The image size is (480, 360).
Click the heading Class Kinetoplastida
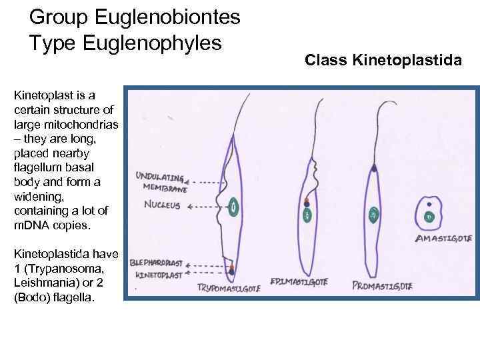click(x=383, y=61)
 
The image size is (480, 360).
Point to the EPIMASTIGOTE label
click(x=298, y=281)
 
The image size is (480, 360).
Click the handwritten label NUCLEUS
click(x=162, y=205)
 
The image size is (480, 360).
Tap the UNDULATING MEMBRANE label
click(x=159, y=181)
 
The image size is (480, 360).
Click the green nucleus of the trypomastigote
click(x=234, y=207)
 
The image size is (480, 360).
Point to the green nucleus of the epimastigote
click(x=307, y=215)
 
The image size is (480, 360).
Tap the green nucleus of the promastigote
click(x=374, y=214)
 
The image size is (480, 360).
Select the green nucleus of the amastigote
click(x=429, y=217)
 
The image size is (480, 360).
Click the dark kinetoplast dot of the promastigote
click(x=375, y=169)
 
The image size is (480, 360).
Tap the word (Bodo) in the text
click(x=29, y=297)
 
